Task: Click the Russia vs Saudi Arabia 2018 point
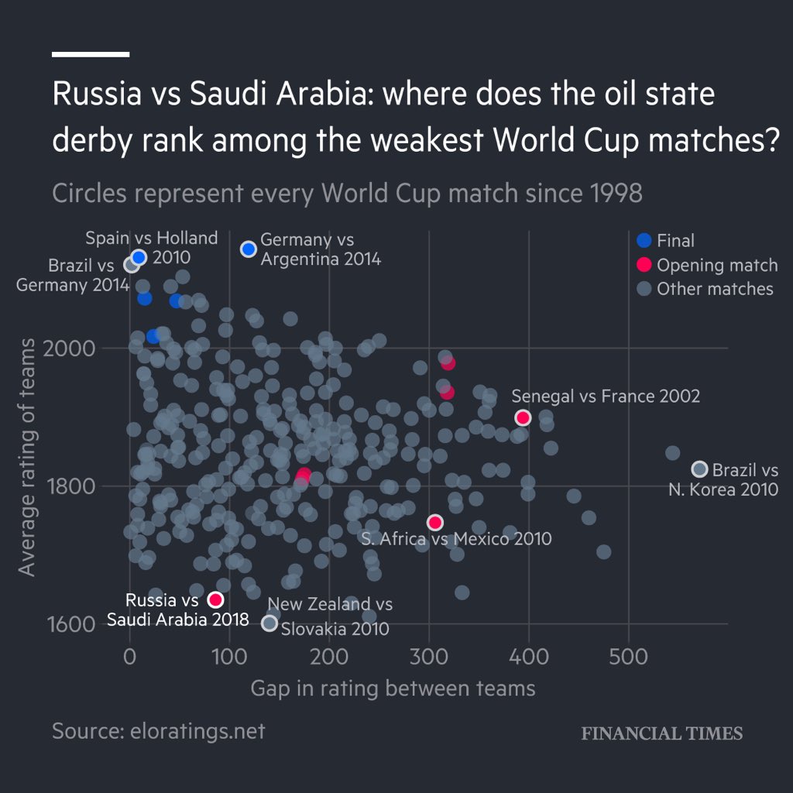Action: pos(215,599)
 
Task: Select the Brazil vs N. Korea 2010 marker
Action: pos(699,469)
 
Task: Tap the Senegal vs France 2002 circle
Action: pos(523,417)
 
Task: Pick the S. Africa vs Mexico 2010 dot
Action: pos(435,522)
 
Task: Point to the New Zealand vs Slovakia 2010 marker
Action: pos(269,623)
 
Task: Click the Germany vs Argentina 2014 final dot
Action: pos(249,249)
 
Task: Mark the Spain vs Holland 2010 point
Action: pos(139,257)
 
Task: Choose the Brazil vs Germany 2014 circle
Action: pos(132,265)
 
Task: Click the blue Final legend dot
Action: pos(642,241)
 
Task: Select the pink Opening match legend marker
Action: pos(642,265)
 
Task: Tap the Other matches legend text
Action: pos(715,289)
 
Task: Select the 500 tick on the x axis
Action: pos(628,657)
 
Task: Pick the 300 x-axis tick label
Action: pos(429,657)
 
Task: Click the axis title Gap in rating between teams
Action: pos(393,688)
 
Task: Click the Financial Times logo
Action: pos(661,733)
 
